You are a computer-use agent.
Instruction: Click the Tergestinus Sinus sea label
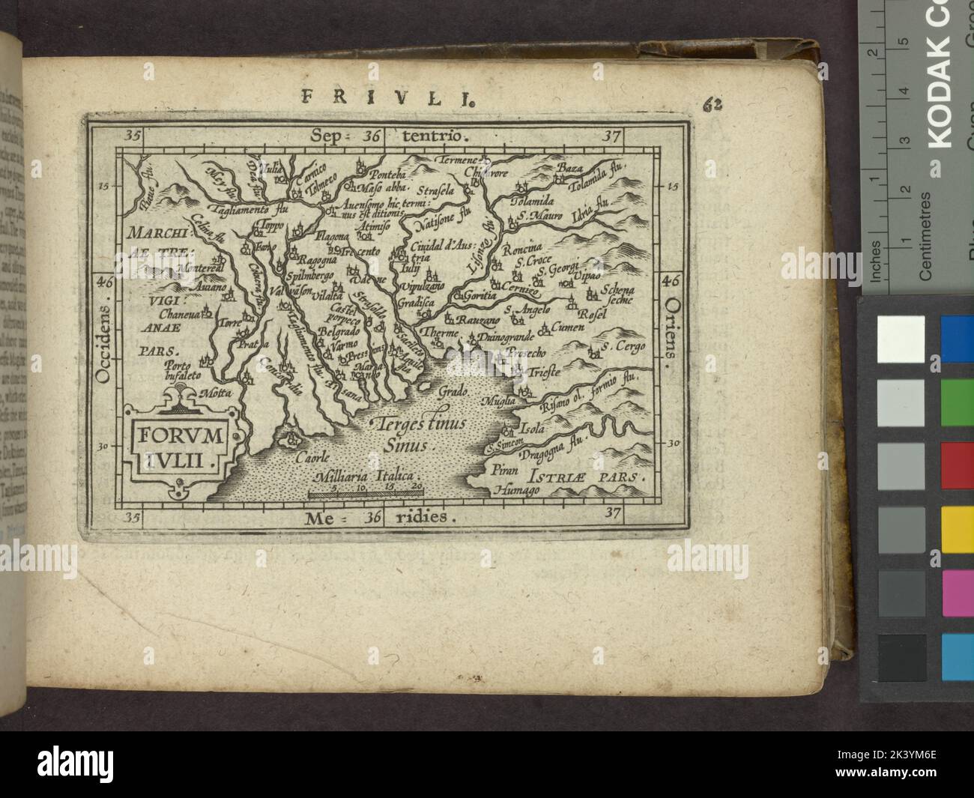click(422, 432)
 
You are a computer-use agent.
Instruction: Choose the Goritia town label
click(480, 295)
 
